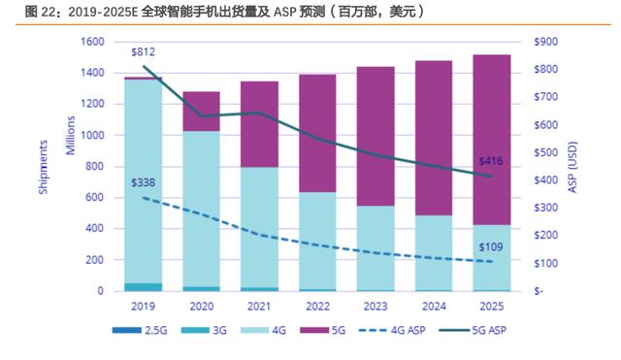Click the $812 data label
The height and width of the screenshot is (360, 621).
pos(143,51)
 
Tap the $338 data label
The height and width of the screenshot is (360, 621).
pos(143,182)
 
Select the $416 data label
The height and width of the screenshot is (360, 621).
pos(491,161)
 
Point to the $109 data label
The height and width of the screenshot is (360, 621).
pos(491,247)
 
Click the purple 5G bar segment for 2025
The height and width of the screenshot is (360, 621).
pos(492,140)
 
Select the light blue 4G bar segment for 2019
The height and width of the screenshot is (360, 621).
pos(144,181)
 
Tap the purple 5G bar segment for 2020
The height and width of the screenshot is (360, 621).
pos(201,112)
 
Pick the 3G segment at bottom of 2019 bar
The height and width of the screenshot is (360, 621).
pos(144,287)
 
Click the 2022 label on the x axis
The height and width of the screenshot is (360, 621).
pos(317,306)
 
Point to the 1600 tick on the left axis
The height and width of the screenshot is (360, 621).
pos(92,42)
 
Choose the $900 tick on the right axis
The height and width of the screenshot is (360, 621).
pos(545,42)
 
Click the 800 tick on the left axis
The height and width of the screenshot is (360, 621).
pos(95,166)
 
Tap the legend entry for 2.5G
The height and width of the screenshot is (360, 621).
pos(140,330)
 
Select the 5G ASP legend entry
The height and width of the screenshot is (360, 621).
pos(473,330)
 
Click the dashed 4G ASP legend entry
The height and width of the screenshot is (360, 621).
pos(392,330)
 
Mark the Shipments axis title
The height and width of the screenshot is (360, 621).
pos(43,167)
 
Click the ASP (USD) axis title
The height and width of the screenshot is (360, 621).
pos(572,167)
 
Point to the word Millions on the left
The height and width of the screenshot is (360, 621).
pos(70,135)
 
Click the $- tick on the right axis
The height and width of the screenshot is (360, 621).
pos(539,291)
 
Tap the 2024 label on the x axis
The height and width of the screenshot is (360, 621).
pos(434,306)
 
